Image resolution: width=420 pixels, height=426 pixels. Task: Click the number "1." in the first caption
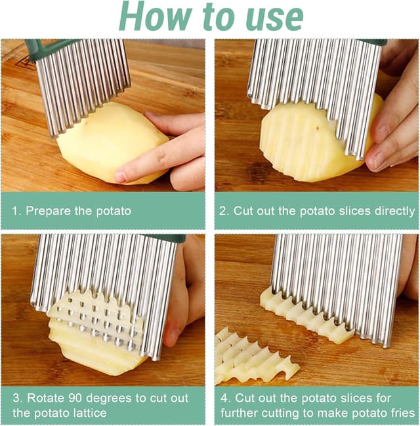tap(16, 211)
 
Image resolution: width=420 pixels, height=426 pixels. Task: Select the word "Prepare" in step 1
tap(48, 211)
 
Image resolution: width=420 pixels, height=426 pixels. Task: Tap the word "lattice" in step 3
tap(90, 413)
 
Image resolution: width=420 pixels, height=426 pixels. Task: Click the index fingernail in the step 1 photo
tap(119, 176)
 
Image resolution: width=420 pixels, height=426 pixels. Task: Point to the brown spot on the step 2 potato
tap(317, 126)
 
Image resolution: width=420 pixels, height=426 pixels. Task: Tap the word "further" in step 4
tap(239, 413)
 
